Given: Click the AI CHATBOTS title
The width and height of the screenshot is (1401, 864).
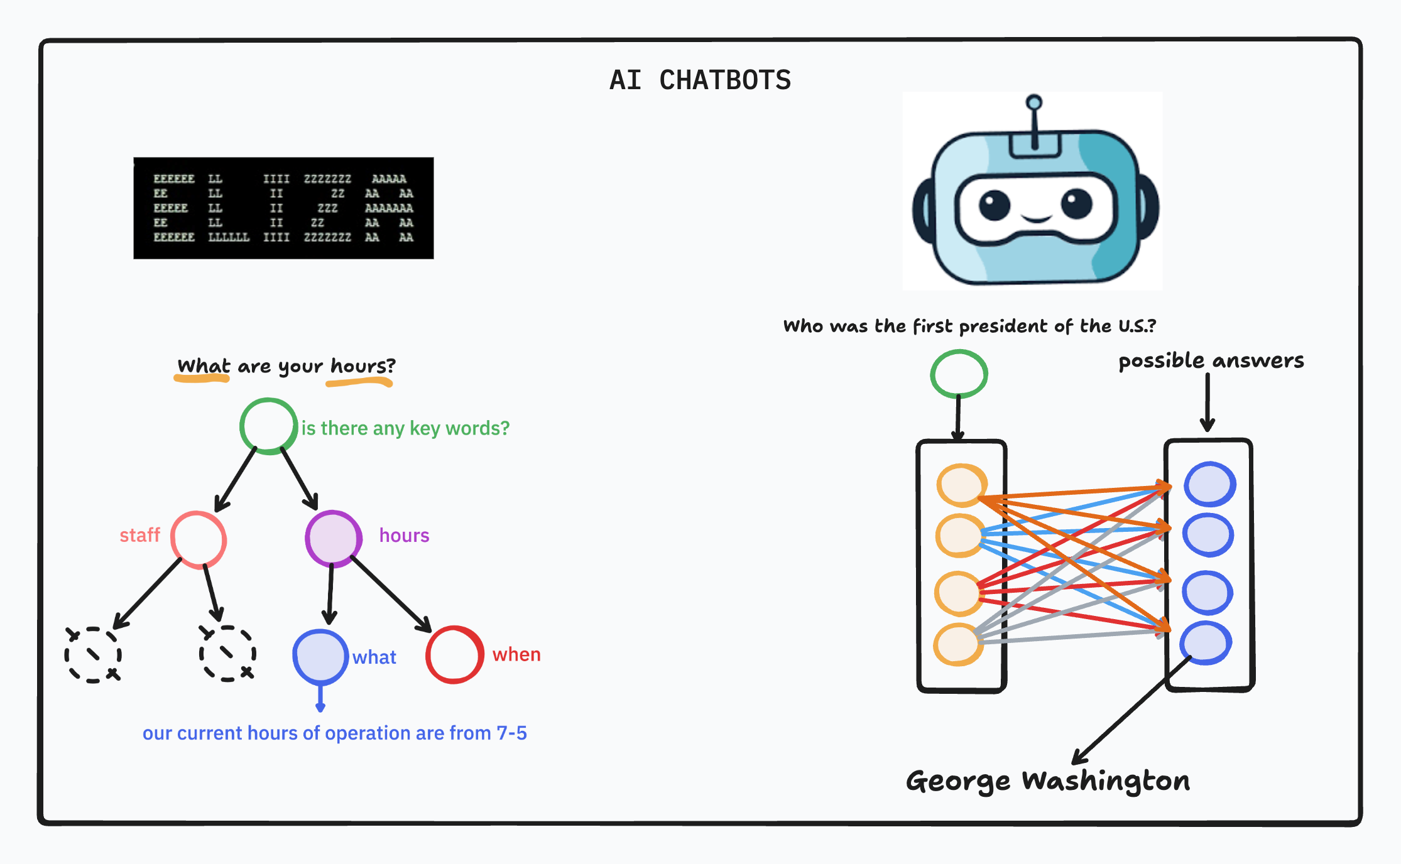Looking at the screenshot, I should tap(700, 80).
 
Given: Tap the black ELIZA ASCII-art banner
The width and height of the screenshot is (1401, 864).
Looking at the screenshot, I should tap(283, 208).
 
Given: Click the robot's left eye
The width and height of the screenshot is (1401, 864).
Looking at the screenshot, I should tap(994, 205).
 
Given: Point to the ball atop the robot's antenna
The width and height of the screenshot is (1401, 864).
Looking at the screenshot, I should tap(1033, 102).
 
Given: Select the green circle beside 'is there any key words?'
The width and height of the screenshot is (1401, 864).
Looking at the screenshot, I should tap(268, 426).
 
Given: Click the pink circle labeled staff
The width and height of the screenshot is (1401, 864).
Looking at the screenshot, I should tap(199, 540).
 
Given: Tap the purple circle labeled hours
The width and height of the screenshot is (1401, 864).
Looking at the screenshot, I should tap(333, 538).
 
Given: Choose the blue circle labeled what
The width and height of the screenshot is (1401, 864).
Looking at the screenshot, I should tap(320, 656).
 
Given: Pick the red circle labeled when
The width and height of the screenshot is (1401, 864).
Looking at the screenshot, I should tap(454, 654).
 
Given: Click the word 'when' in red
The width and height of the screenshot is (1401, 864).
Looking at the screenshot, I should tap(516, 655).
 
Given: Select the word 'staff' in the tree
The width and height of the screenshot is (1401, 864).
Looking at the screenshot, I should tap(139, 536).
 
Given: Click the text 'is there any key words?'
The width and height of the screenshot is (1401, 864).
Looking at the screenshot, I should tap(405, 428).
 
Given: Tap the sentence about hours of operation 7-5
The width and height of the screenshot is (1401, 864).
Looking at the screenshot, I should tap(334, 733).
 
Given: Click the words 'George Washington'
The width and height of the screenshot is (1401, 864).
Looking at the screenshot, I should tap(1047, 781).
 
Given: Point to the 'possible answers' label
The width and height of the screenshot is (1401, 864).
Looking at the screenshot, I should tap(1211, 361).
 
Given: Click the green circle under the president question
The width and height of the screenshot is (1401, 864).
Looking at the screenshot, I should tap(959, 374).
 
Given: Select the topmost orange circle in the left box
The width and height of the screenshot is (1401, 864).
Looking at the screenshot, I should tap(961, 485).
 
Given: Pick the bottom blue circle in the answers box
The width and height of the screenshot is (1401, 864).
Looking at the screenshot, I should tap(1206, 643).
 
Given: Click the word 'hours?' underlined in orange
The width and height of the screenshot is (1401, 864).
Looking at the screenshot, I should tap(363, 366).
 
